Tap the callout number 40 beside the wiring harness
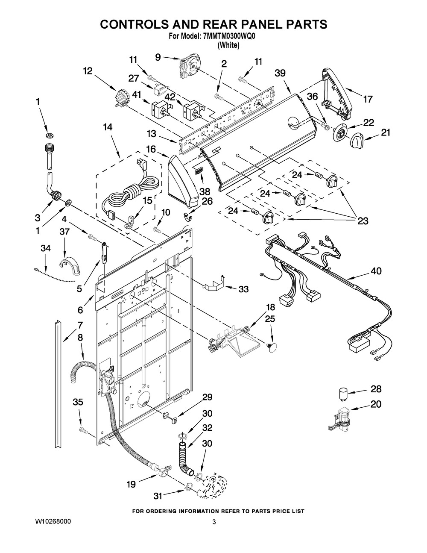[376, 271]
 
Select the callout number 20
[376, 404]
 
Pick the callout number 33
[243, 289]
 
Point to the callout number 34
[46, 248]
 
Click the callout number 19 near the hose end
[131, 484]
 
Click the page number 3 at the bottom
[214, 522]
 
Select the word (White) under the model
[228, 45]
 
